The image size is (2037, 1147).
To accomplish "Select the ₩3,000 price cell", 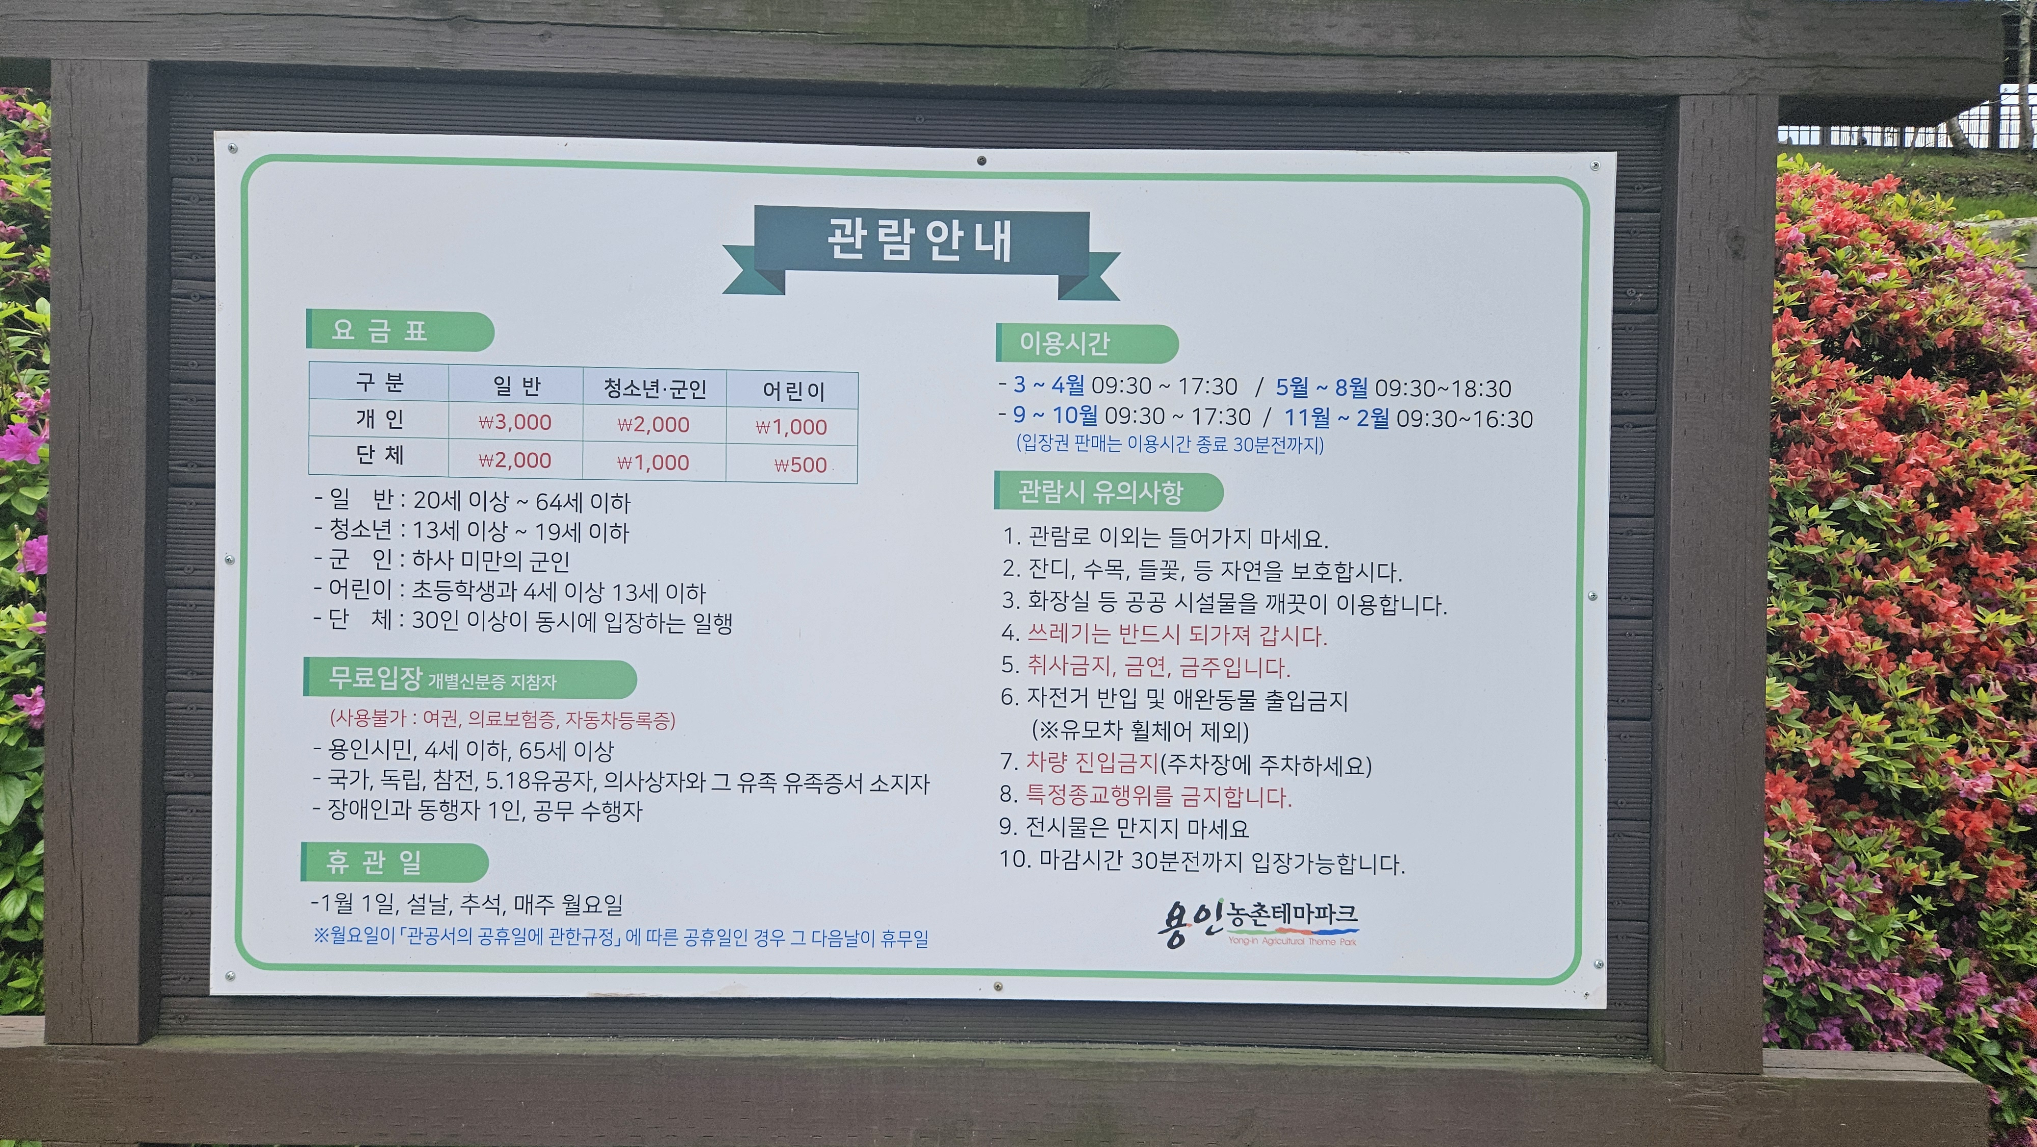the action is pos(515,422).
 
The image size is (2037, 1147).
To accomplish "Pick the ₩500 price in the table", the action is pos(800,465).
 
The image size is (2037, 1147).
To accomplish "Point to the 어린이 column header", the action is pos(793,391).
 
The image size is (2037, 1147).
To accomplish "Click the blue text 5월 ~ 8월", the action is pos(1322,388).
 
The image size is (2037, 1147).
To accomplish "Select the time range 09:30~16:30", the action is pos(1465,419).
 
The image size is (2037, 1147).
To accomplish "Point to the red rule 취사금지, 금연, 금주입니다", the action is pos(1158,667).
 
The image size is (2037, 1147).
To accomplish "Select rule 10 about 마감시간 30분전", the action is pos(1202,861).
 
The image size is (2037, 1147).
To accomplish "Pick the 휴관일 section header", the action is pos(395,862).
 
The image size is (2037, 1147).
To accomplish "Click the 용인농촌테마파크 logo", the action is pos(1257,923).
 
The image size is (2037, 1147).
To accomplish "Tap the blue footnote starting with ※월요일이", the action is pos(621,938).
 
